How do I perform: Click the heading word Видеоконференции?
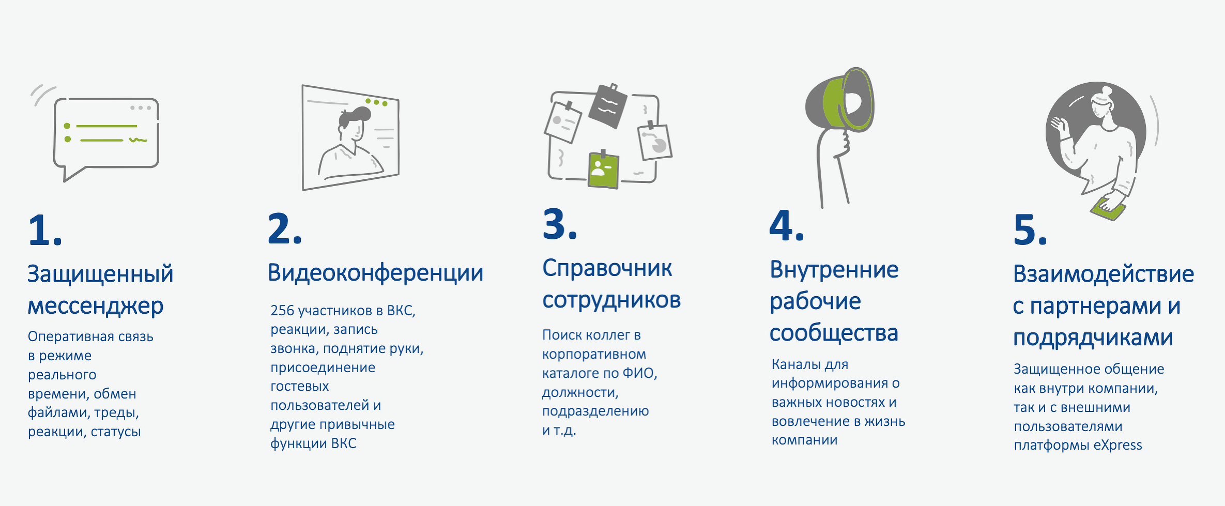pyautogui.click(x=375, y=273)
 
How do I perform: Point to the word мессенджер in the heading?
pyautogui.click(x=96, y=306)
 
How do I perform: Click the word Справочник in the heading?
pyautogui.click(x=607, y=269)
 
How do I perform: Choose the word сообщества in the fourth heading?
pyautogui.click(x=834, y=333)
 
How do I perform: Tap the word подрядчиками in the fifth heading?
pyautogui.click(x=1093, y=338)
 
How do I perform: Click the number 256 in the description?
pyautogui.click(x=282, y=311)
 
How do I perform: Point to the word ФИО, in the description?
pyautogui.click(x=640, y=373)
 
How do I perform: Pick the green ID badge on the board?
pyautogui.click(x=603, y=170)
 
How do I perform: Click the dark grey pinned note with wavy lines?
pyautogui.click(x=608, y=106)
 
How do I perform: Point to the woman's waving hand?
pyautogui.click(x=1060, y=126)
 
